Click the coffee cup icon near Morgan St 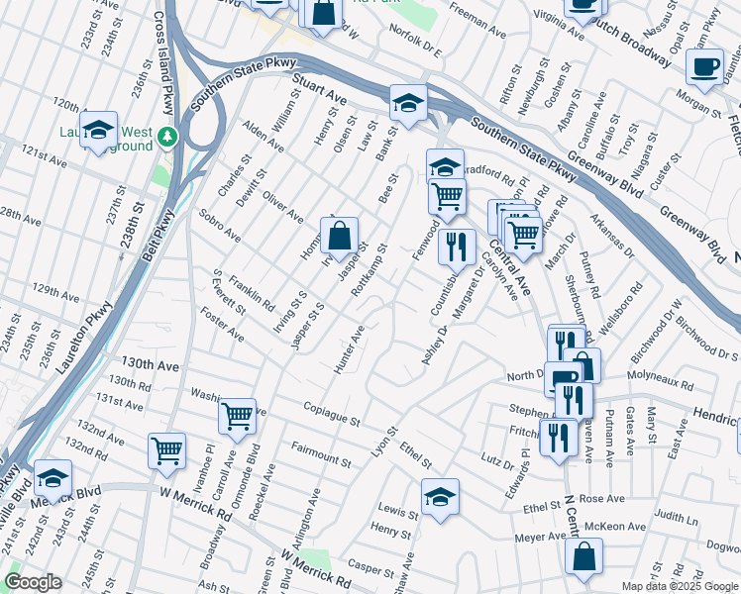[704, 66]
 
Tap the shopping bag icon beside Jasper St [339, 237]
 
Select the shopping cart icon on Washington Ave [238, 417]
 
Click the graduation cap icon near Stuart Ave [407, 102]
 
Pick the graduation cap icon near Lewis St [440, 497]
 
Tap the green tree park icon [169, 135]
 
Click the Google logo [33, 582]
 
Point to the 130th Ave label [150, 365]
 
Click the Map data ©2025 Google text [679, 586]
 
